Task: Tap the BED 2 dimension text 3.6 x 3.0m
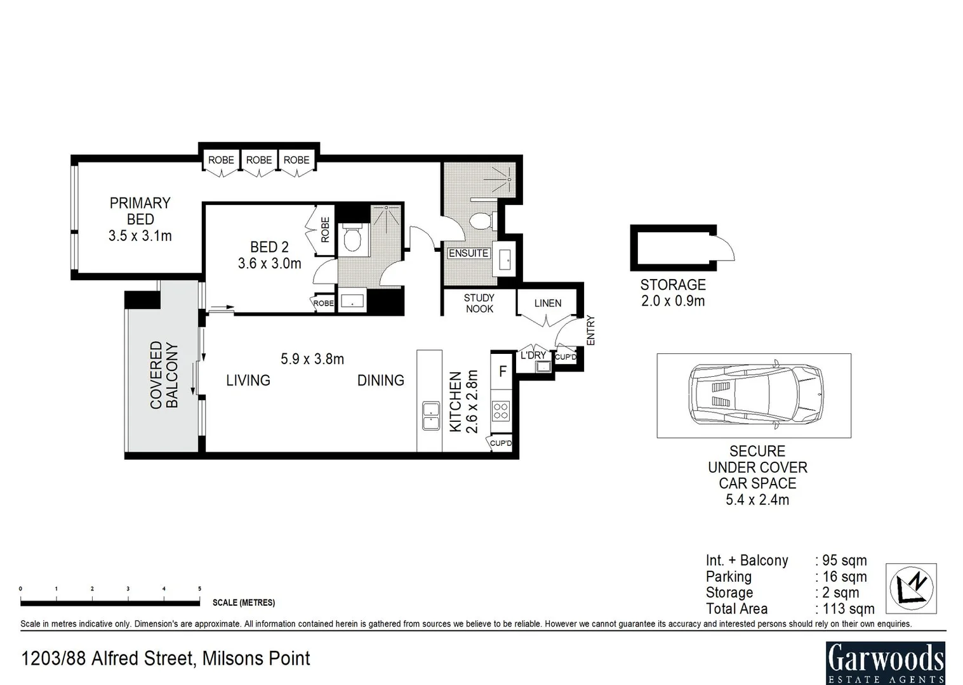270,263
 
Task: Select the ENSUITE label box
468,253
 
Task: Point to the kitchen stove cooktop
501,410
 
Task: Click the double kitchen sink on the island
431,415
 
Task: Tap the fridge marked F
501,371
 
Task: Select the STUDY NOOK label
479,303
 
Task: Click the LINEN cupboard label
548,303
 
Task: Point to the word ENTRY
591,330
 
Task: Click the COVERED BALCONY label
164,374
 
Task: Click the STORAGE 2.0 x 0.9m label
673,293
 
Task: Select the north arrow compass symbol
911,588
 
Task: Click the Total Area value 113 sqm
848,608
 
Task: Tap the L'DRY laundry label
533,355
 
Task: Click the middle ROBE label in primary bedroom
259,160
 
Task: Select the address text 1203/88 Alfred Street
107,658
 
